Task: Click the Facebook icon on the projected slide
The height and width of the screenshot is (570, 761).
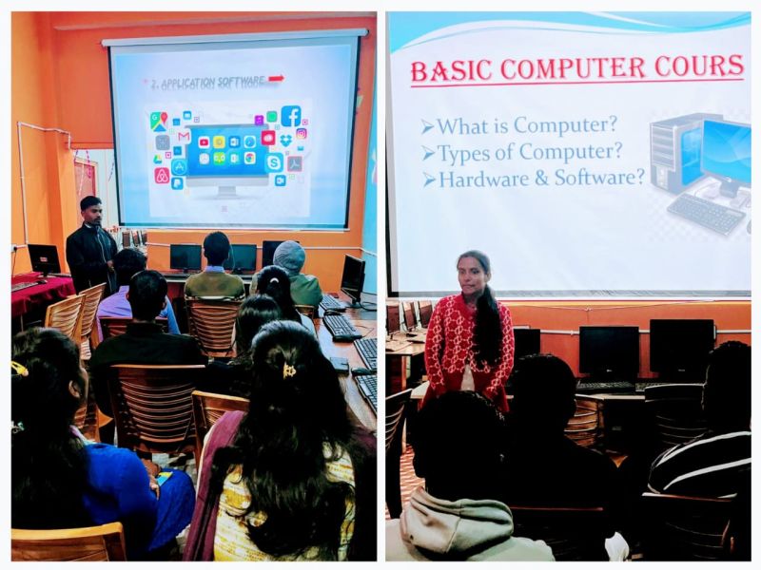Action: pos(291,116)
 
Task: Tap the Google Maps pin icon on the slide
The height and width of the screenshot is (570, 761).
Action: pos(158,122)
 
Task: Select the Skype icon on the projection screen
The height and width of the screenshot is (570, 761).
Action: pos(274,162)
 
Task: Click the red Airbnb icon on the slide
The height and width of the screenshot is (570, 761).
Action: pos(162,176)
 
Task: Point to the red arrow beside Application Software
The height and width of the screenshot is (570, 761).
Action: pos(276,79)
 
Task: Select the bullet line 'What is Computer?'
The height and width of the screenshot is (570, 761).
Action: pos(519,125)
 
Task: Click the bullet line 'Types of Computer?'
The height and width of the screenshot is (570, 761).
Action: pos(521,153)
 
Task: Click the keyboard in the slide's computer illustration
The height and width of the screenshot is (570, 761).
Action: pos(705,213)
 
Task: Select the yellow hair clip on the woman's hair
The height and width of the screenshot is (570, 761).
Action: pos(289,370)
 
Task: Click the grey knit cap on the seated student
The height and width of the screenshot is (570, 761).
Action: pos(289,257)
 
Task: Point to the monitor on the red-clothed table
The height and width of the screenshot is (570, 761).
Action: pos(44,259)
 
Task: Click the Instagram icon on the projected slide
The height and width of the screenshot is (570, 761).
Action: pos(301,134)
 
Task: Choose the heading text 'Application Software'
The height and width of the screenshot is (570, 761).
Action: pos(207,83)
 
